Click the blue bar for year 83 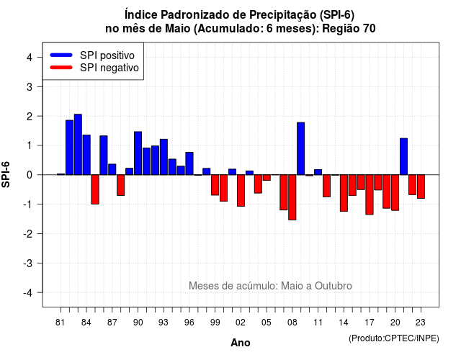coord(78,144)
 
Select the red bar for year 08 coord(292,197)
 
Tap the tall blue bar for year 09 coord(301,148)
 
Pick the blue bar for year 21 coord(403,156)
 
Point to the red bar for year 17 coord(370,194)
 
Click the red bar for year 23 coord(421,186)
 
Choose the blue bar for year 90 coord(138,153)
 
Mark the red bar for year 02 coord(241,190)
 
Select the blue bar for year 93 coord(164,157)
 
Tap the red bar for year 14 coord(344,193)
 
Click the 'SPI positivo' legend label coord(107,55)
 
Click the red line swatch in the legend coord(61,68)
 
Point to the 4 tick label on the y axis coord(30,58)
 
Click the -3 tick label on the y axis coord(28,264)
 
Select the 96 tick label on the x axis coord(189,323)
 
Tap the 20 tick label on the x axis coord(395,323)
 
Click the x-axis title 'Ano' coord(241,343)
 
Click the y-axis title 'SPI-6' coord(6,174)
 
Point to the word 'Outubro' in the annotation coord(333,286)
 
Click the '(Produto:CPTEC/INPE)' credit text coord(394,338)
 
